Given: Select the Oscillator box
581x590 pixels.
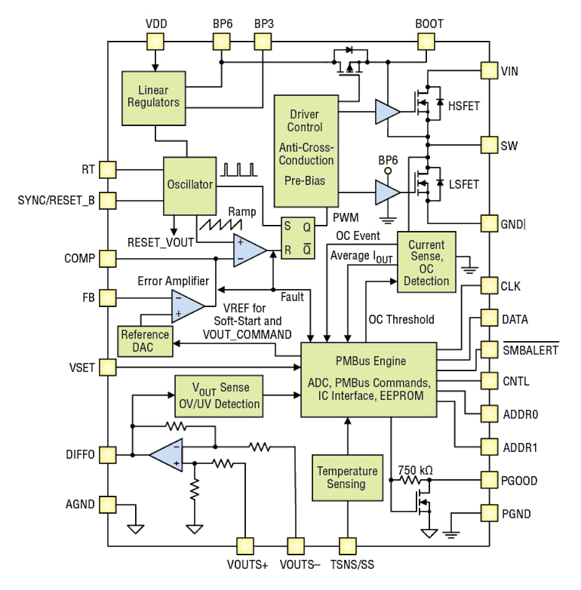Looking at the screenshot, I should (190, 185).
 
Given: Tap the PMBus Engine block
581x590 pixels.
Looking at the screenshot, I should (368, 379).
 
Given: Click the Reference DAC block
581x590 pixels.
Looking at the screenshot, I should (144, 341).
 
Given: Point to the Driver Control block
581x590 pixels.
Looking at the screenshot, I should (306, 150).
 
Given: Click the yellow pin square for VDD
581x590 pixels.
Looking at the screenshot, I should (155, 42).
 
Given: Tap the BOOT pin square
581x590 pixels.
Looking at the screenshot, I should (426, 42).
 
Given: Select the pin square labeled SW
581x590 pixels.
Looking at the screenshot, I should (489, 145).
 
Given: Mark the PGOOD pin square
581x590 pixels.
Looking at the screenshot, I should (489, 480).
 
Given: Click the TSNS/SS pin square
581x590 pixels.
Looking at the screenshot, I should (347, 545).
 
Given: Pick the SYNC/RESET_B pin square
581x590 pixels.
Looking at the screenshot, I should (108, 200).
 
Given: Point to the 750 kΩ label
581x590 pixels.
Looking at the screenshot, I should (415, 470).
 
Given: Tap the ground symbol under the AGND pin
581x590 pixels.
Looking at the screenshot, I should (135, 528).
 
